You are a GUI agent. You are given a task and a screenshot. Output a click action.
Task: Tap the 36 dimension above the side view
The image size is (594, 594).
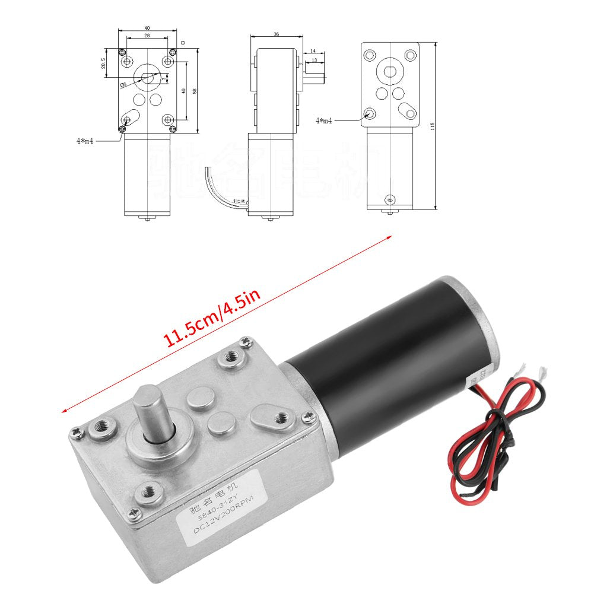coord(276,34)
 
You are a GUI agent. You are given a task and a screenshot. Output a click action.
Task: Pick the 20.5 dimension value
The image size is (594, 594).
coord(103,63)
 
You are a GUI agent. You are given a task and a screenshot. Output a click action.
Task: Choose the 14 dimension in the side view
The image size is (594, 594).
coord(313,52)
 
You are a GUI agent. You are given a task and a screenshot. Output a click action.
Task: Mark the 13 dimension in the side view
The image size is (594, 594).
coord(313,61)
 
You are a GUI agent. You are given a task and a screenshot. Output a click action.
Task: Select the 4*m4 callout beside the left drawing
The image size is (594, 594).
coord(84,141)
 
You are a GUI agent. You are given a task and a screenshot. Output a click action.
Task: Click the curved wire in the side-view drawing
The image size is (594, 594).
coord(215,190)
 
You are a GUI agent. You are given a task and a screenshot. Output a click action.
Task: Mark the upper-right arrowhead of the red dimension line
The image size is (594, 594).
coord(390,236)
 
